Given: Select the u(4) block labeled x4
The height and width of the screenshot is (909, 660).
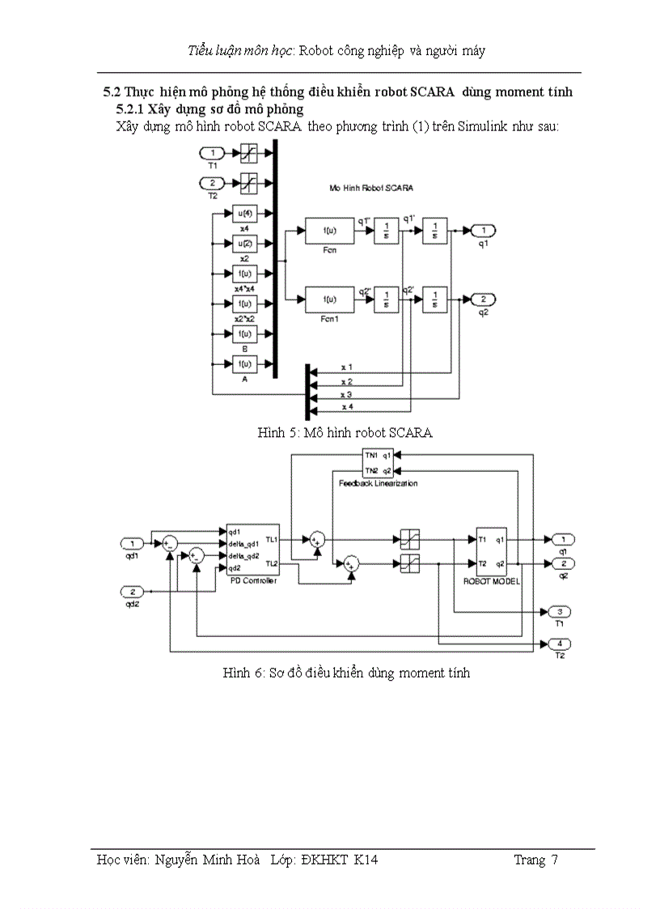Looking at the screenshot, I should (x=244, y=214).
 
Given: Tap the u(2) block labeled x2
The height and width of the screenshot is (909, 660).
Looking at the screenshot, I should (x=244, y=244).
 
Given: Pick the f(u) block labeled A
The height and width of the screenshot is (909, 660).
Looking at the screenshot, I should (x=244, y=363).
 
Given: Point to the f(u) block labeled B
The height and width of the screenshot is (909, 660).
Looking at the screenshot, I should (x=244, y=333).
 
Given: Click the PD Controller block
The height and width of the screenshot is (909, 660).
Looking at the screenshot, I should (x=252, y=550).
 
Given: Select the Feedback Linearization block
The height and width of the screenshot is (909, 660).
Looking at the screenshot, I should (x=377, y=462).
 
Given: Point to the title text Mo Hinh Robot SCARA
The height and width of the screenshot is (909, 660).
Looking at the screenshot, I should (x=370, y=187).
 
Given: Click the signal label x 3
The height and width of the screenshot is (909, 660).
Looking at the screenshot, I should (x=346, y=394).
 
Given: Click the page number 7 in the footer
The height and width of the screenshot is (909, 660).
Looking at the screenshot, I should (x=554, y=860).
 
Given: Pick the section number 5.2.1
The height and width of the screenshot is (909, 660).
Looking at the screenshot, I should (x=128, y=108).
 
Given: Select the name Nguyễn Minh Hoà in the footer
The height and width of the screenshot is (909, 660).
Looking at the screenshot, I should (x=207, y=860).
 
